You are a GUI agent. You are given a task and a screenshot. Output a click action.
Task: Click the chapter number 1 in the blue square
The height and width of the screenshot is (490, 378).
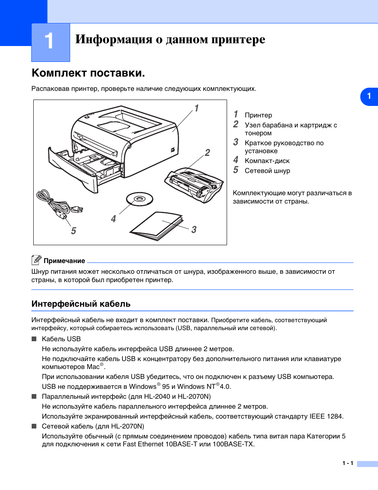tap(49, 41)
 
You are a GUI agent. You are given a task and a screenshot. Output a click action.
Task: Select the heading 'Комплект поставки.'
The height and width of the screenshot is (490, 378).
tap(88, 73)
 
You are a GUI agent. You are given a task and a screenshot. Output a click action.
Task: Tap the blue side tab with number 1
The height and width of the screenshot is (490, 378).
tap(369, 96)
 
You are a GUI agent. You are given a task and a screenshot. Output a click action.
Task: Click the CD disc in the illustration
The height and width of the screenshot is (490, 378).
tap(139, 199)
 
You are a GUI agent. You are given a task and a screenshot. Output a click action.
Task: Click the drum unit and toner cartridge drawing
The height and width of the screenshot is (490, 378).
tap(194, 184)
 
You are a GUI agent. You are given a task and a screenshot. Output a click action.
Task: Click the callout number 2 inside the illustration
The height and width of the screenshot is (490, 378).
tap(207, 153)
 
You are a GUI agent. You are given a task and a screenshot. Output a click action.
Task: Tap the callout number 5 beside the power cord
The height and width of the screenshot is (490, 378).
tap(73, 231)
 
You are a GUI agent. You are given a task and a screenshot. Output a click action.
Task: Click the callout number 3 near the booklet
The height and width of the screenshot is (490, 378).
tap(194, 230)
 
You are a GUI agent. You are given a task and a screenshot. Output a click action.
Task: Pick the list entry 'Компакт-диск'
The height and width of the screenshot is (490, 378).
tap(267, 161)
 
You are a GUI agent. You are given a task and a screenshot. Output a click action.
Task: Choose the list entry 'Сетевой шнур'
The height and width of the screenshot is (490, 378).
tap(267, 171)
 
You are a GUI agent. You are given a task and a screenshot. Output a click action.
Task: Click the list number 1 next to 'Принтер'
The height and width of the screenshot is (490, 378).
tap(236, 114)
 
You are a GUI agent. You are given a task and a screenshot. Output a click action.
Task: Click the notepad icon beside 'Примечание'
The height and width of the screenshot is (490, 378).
tap(36, 260)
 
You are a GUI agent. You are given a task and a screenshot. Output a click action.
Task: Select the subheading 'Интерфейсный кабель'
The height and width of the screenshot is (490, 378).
tap(81, 304)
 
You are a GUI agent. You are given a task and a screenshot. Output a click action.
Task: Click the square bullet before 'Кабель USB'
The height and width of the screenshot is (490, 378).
tap(34, 339)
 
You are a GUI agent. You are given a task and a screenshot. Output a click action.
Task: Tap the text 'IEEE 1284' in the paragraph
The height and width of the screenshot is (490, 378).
tap(326, 416)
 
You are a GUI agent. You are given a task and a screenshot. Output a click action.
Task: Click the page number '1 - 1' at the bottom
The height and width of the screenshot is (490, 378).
tap(347, 463)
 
